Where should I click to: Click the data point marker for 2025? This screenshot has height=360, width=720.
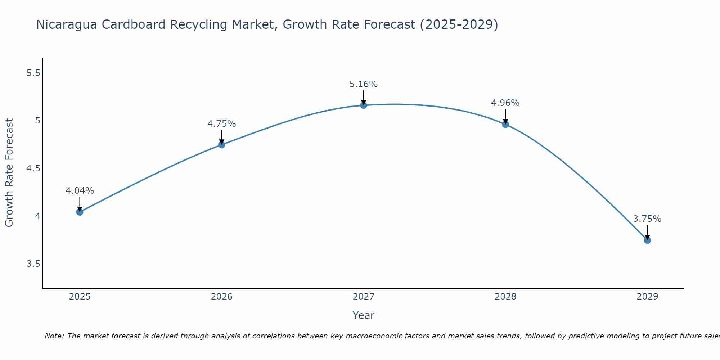80,212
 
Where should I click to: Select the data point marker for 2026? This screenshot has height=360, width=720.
221,145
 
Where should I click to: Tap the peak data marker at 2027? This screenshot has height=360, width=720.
363,105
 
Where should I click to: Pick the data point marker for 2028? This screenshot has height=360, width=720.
505,125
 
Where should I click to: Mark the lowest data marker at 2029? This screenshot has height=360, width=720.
647,240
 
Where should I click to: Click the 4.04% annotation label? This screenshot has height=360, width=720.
80,191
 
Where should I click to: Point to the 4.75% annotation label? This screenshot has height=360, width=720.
221,124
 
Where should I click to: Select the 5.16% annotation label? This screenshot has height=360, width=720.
363,84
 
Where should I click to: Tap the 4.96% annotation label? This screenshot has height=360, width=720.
505,103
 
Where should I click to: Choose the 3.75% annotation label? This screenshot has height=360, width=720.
647,219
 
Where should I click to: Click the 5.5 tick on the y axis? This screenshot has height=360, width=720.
33,73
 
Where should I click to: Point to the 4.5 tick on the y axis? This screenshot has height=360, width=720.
33,168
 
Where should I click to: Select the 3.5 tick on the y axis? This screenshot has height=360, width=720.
33,264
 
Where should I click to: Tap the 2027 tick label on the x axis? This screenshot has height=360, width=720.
363,297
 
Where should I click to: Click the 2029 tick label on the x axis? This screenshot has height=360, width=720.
647,297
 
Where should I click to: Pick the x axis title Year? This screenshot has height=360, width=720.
363,315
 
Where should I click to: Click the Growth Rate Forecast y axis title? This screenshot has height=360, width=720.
9,173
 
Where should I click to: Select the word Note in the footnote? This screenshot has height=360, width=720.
54,336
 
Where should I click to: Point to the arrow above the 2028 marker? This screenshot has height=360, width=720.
505,116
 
